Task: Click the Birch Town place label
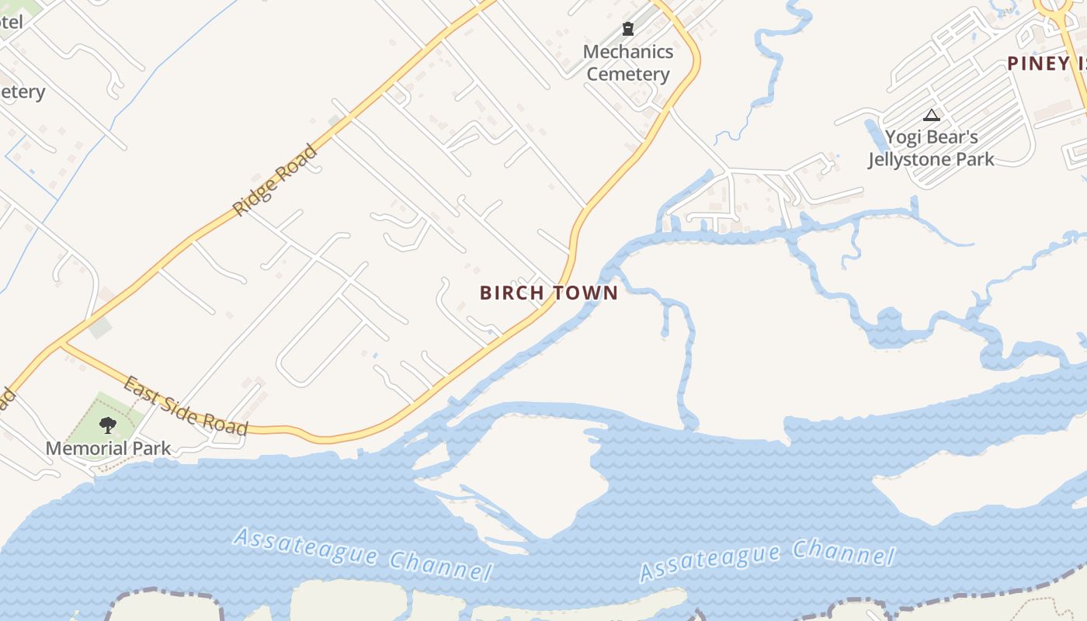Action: (549, 293)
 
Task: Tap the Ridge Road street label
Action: (276, 180)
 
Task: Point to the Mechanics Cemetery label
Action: (628, 63)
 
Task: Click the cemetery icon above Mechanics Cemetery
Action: (628, 29)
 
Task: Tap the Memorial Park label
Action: (108, 448)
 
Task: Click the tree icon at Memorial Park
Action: (108, 425)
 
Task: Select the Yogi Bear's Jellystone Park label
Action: (931, 148)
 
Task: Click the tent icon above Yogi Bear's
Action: (932, 116)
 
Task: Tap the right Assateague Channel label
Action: (766, 560)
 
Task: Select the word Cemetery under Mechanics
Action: (628, 75)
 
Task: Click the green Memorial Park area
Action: (116, 411)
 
